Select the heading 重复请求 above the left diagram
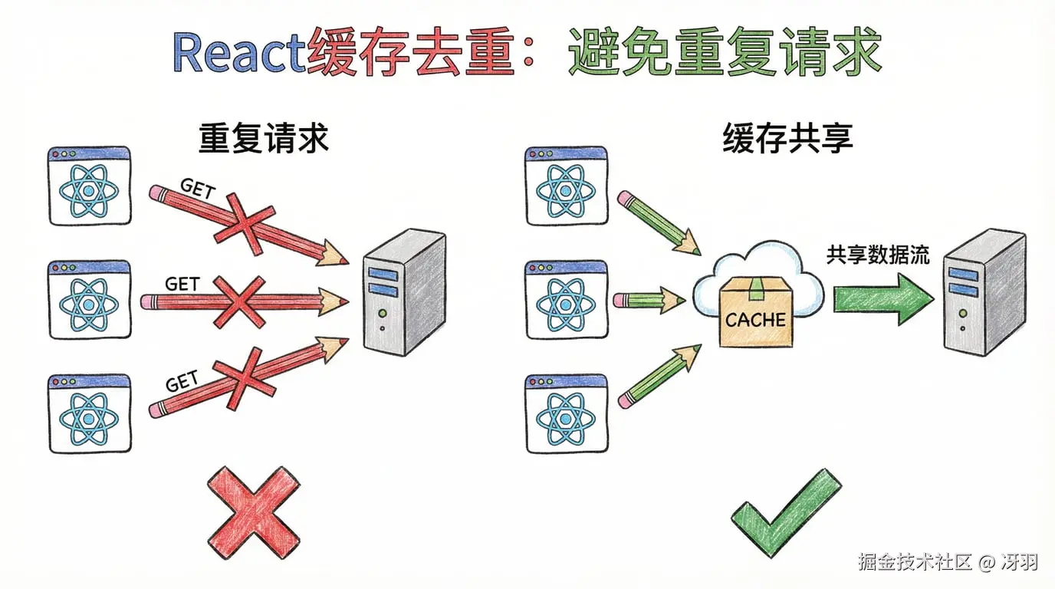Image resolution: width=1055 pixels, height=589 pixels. coord(263,139)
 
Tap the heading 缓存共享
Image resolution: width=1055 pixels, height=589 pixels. coord(787,139)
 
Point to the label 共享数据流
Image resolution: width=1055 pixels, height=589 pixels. coord(877,255)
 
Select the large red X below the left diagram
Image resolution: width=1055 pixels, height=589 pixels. coord(254,512)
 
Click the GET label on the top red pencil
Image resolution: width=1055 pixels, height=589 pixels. coord(196,188)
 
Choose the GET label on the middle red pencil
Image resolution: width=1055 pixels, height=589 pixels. coord(182,284)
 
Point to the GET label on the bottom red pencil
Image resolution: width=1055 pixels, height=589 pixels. coord(182,380)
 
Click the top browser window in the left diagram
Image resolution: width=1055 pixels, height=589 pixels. coord(89,186)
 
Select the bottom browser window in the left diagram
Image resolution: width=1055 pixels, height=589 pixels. coord(89,413)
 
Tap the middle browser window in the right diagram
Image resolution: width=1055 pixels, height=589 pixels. coord(566,299)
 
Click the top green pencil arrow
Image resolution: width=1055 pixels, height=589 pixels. coord(659,222)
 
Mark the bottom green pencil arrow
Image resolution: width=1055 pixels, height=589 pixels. coord(659,376)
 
